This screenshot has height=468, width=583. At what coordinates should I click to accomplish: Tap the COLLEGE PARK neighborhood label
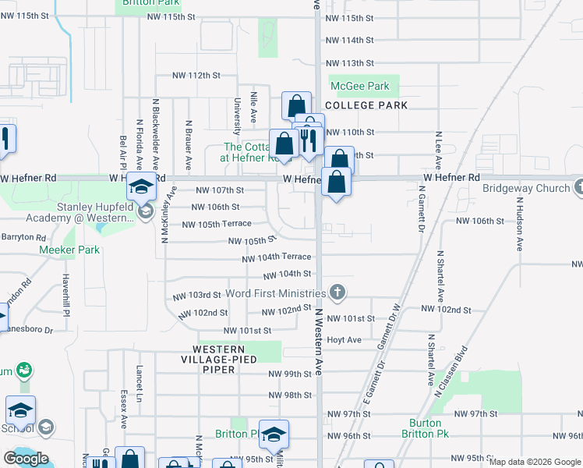(x=366, y=105)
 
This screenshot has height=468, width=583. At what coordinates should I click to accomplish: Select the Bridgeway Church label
(x=525, y=188)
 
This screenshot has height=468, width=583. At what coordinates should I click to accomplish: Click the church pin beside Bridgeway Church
(x=579, y=187)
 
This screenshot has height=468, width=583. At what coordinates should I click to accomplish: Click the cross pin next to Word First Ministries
(x=337, y=293)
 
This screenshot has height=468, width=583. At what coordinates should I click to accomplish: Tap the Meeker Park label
(x=69, y=250)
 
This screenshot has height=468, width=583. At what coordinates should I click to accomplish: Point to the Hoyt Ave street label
(x=344, y=340)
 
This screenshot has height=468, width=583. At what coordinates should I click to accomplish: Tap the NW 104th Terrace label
(x=277, y=257)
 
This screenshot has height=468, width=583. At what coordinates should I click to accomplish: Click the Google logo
(x=26, y=458)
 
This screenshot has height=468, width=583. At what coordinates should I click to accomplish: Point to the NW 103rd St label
(x=196, y=296)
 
